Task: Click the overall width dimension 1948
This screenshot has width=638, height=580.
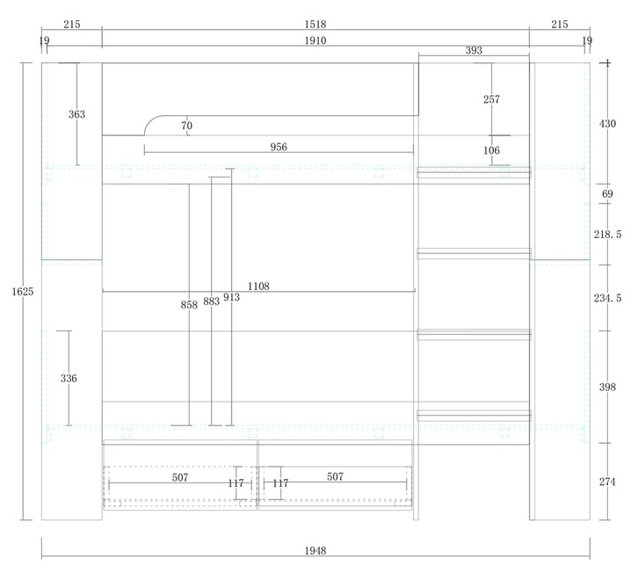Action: (315, 551)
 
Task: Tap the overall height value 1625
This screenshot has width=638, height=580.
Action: (23, 292)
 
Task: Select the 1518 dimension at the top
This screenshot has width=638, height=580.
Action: (315, 25)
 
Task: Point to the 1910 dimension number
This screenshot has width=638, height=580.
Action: (315, 40)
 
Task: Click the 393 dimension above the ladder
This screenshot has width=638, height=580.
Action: (474, 50)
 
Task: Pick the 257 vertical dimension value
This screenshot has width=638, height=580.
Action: (491, 99)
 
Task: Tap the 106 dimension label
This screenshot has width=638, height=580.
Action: (491, 150)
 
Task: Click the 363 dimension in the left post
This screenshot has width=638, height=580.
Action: (77, 114)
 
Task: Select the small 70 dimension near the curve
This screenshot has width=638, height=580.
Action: (187, 126)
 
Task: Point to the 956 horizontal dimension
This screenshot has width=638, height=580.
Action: (279, 147)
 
